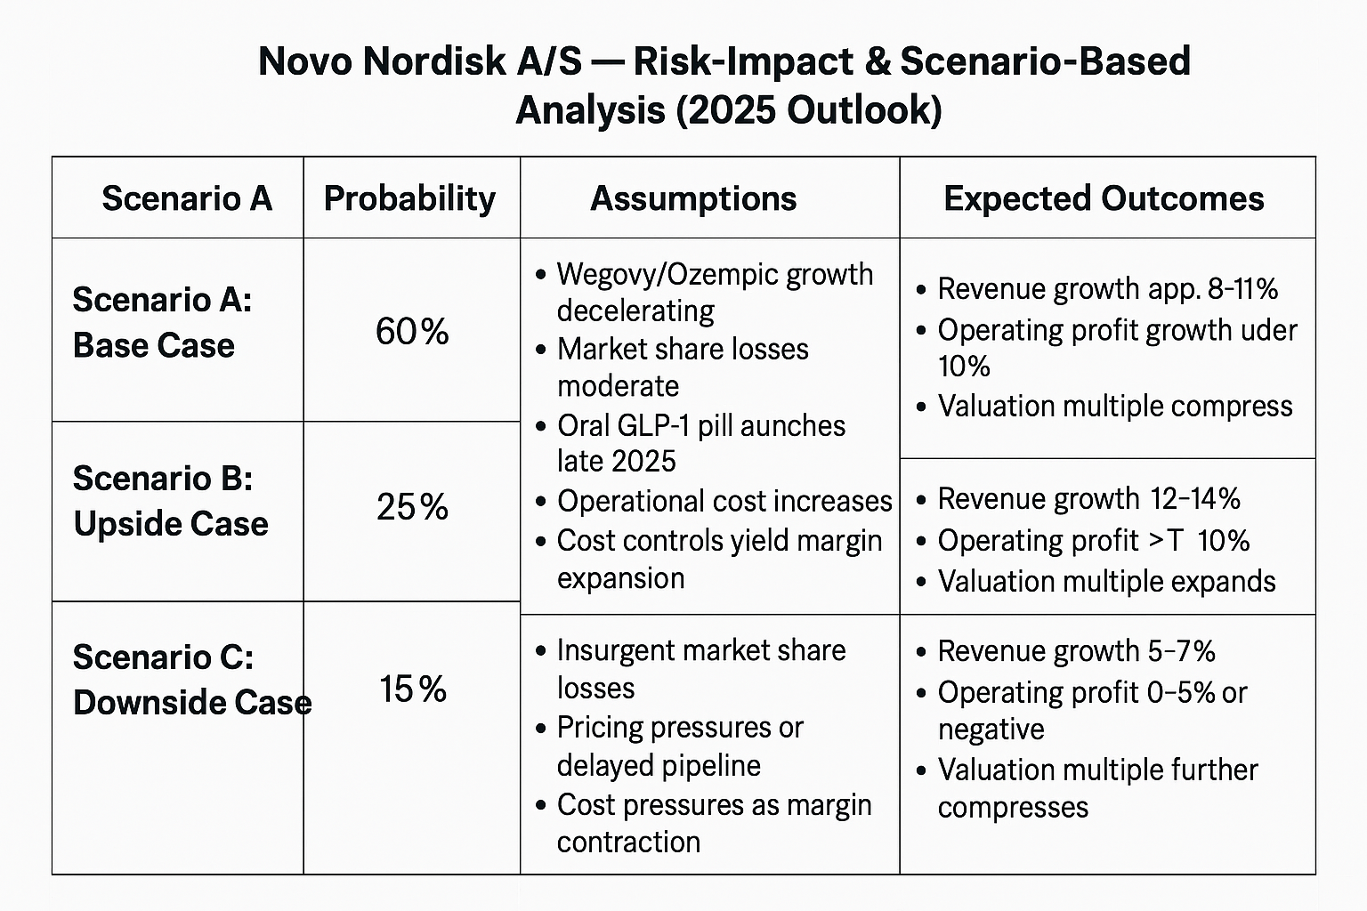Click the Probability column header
(409, 198)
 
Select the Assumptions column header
(693, 198)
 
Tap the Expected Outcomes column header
(1104, 198)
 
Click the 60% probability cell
(412, 332)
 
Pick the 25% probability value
(412, 507)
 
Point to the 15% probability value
(412, 689)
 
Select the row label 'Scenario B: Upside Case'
(170, 502)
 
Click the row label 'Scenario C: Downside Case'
(191, 681)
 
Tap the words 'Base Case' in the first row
(154, 345)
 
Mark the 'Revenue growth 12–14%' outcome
(1088, 498)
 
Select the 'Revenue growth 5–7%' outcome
(1075, 651)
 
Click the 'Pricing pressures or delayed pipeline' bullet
(679, 746)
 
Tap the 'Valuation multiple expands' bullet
(1106, 582)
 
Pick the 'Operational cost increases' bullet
(724, 501)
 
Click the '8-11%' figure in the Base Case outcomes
(1242, 289)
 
